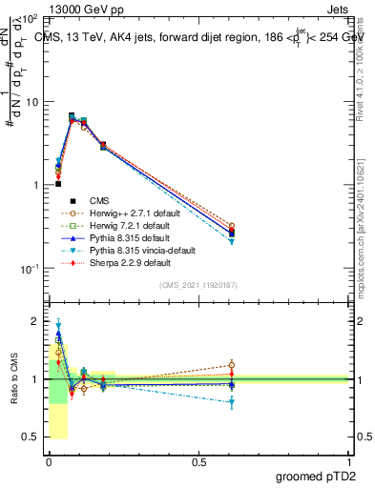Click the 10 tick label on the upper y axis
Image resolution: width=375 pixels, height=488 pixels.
point(31,101)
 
